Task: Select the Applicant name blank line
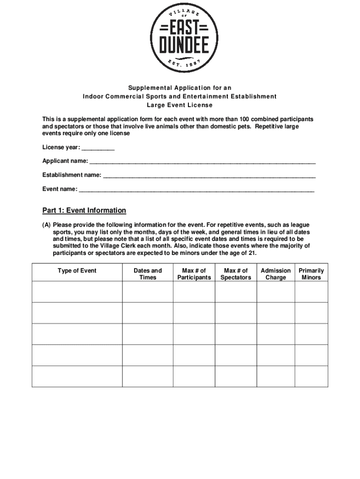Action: (202, 162)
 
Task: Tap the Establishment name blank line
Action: (209, 176)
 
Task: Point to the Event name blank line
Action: (196, 190)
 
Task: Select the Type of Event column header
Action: (77, 271)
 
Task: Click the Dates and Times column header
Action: (148, 274)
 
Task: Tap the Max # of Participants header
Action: (194, 274)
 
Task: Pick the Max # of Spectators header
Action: (236, 274)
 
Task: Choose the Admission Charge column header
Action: (275, 274)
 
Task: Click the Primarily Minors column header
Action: (311, 274)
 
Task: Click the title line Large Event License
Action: (180, 105)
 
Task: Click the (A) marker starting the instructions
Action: (47, 225)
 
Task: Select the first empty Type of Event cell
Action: (77, 291)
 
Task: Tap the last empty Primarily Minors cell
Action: (311, 376)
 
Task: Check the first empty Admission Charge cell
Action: (275, 291)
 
